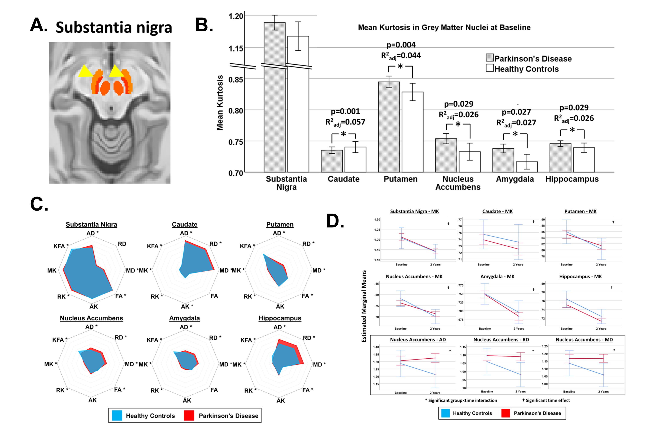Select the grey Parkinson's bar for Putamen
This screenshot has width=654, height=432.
point(389,127)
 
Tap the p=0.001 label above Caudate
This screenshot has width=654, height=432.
point(345,111)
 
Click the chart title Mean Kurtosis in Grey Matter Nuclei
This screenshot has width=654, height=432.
point(444,28)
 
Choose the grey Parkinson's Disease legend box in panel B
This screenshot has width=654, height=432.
point(490,58)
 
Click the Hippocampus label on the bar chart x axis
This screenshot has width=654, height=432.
point(572,179)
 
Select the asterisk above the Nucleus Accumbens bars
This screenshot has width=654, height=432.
point(458,125)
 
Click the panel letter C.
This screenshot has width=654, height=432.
point(39,204)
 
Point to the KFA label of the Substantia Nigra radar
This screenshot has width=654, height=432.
point(59,246)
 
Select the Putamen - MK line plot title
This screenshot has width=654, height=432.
point(580,211)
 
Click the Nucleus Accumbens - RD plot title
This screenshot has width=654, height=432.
point(501,339)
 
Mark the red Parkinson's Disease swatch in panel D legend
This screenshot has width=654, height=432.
point(505,413)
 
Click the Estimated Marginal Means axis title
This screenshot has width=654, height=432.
point(364,306)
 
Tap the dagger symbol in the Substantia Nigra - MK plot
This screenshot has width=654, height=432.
point(448,224)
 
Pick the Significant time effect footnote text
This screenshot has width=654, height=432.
point(547,400)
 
